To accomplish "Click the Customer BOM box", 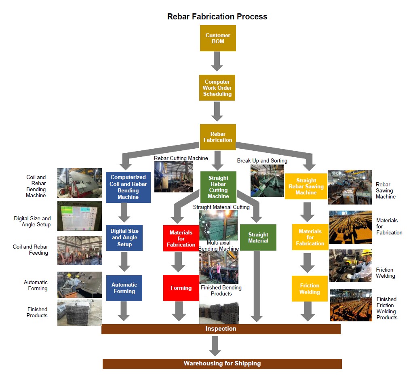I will click(218, 38).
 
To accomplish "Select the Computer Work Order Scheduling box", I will click(217, 88).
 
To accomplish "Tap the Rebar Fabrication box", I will click(218, 137).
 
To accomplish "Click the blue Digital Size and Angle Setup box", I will click(124, 238).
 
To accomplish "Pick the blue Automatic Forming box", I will click(124, 288).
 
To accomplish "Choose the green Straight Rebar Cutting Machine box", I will click(218, 187).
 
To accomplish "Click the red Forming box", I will click(181, 288).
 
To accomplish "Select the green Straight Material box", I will click(258, 237).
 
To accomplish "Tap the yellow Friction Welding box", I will click(310, 289).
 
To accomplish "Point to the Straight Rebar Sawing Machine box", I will click(306, 186).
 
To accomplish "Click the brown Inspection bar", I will click(221, 329).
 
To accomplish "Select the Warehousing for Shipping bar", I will click(222, 363).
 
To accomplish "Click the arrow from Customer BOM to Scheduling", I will click(217, 61).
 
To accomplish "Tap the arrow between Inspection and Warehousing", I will click(215, 346).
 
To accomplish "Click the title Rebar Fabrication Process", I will click(217, 17).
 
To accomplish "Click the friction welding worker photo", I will click(350, 266).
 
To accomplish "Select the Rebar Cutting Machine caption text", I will click(181, 158).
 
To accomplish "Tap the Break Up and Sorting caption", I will click(262, 160).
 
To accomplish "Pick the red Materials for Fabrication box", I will click(181, 238).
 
